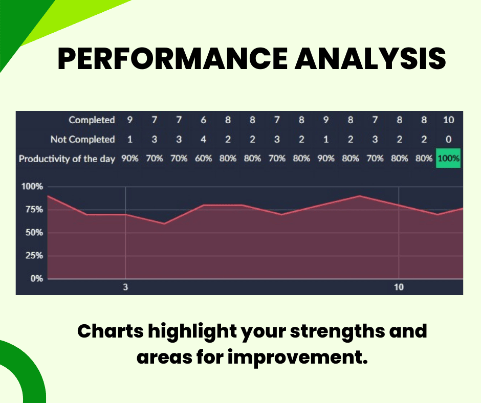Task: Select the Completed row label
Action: (x=92, y=120)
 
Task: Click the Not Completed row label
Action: (x=82, y=139)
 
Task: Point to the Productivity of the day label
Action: (x=67, y=159)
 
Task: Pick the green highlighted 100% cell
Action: (x=448, y=159)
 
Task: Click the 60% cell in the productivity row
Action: (x=203, y=159)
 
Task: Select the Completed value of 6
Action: (x=203, y=120)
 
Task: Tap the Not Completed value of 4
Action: (x=203, y=139)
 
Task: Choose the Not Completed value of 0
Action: (x=448, y=139)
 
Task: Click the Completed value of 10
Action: (x=448, y=120)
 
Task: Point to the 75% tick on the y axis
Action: (x=32, y=210)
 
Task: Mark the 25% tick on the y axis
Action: (x=32, y=256)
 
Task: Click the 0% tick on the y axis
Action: (x=34, y=279)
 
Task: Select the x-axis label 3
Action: (x=125, y=287)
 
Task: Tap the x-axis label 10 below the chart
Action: (x=399, y=287)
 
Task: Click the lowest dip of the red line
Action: (x=164, y=223)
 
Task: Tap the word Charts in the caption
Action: (x=109, y=331)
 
